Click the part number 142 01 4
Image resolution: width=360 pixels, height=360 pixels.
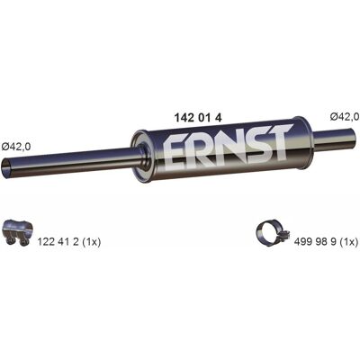pos(198,118)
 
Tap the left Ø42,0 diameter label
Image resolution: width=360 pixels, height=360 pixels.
pos(16,147)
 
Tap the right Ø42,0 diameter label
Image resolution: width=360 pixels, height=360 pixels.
pos(345,116)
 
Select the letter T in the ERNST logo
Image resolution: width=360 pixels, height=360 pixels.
pos(277,141)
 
